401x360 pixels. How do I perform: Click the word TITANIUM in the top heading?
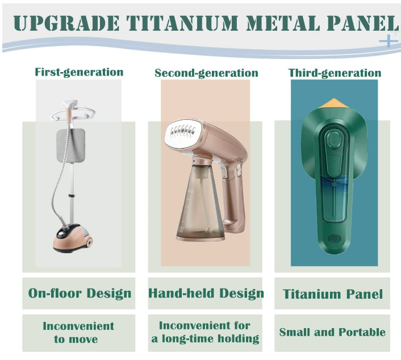[183, 23]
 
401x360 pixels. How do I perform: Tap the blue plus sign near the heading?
[389, 41]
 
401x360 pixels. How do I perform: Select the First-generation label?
[79, 72]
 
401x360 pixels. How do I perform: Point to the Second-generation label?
[206, 73]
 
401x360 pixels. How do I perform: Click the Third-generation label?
[335, 73]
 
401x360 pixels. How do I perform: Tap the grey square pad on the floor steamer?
[71, 145]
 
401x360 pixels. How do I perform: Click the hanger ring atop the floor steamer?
[73, 114]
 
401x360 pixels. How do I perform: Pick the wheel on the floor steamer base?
[89, 242]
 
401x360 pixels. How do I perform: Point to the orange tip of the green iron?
[333, 103]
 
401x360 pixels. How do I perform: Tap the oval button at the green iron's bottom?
[334, 239]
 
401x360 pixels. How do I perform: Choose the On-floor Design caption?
[80, 293]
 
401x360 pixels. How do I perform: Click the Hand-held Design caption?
[206, 293]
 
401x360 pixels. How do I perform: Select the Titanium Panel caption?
[333, 294]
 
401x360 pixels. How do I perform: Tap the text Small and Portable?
[332, 332]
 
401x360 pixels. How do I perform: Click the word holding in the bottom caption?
[239, 339]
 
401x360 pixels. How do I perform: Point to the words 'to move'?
[76, 340]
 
